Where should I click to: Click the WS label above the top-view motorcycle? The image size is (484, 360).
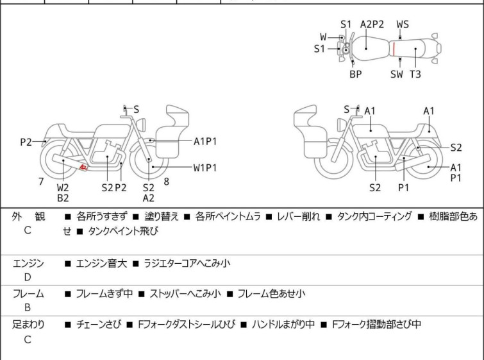click(403, 24)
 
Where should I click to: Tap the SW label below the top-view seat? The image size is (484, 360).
click(397, 74)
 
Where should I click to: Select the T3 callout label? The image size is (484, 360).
click(415, 74)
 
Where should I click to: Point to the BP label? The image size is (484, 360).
click(356, 74)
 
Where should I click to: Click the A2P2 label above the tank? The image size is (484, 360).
click(372, 24)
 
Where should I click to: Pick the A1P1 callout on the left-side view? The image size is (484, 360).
click(205, 142)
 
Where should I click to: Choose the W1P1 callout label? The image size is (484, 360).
click(205, 168)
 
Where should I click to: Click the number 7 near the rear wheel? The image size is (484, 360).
click(41, 182)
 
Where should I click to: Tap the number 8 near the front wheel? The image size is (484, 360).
click(167, 182)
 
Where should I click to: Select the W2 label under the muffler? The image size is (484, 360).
click(63, 187)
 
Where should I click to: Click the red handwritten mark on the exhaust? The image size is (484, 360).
click(83, 167)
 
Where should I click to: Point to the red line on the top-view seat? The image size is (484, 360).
click(394, 49)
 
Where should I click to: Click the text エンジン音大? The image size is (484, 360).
click(101, 264)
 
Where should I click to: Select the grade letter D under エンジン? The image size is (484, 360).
click(28, 277)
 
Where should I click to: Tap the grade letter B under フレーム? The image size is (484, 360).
click(28, 307)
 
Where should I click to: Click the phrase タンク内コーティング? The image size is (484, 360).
click(374, 216)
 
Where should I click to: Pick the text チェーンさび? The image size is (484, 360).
click(99, 325)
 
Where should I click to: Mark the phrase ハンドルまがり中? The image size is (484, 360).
click(283, 325)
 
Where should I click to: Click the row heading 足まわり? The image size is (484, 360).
click(28, 325)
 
